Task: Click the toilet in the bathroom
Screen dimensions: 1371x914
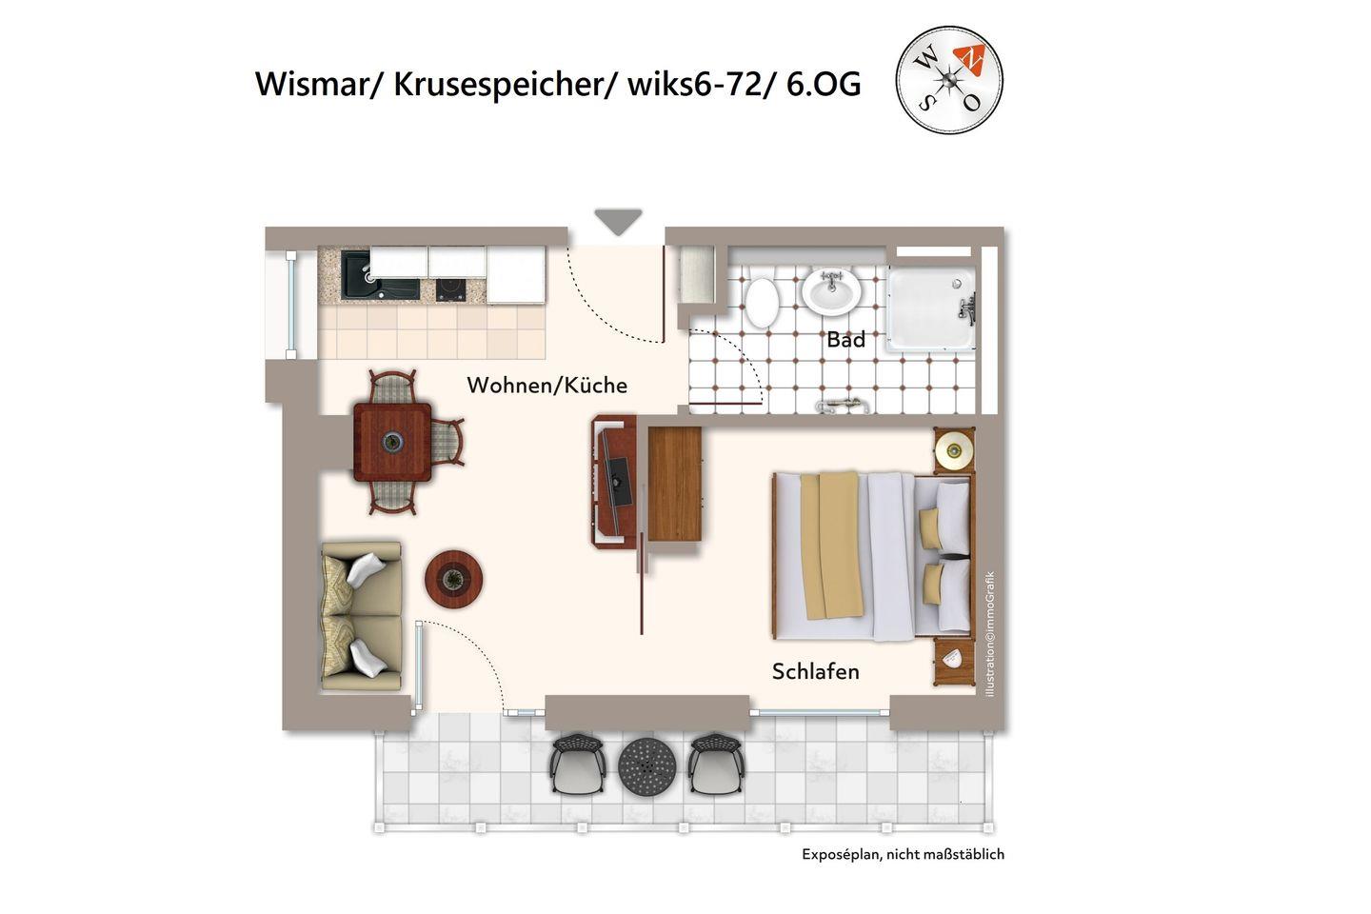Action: pyautogui.click(x=762, y=303)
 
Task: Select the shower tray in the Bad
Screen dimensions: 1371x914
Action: pyautogui.click(x=931, y=309)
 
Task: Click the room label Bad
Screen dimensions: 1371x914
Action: pyautogui.click(x=845, y=340)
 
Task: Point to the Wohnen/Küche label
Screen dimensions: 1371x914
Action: pyautogui.click(x=547, y=385)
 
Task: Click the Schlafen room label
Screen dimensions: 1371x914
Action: pyautogui.click(x=815, y=671)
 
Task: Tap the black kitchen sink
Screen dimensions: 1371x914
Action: pyautogui.click(x=380, y=275)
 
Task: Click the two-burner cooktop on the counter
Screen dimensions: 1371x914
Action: pyautogui.click(x=450, y=288)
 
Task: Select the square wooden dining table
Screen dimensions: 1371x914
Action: pyautogui.click(x=392, y=442)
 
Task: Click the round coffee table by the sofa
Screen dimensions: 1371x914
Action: pyautogui.click(x=453, y=579)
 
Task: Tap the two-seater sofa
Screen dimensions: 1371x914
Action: pyautogui.click(x=362, y=616)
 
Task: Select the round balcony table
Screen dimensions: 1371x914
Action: pyautogui.click(x=647, y=765)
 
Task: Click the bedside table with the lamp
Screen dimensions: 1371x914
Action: pyautogui.click(x=954, y=450)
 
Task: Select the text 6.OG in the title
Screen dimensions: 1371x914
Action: pyautogui.click(x=824, y=85)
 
